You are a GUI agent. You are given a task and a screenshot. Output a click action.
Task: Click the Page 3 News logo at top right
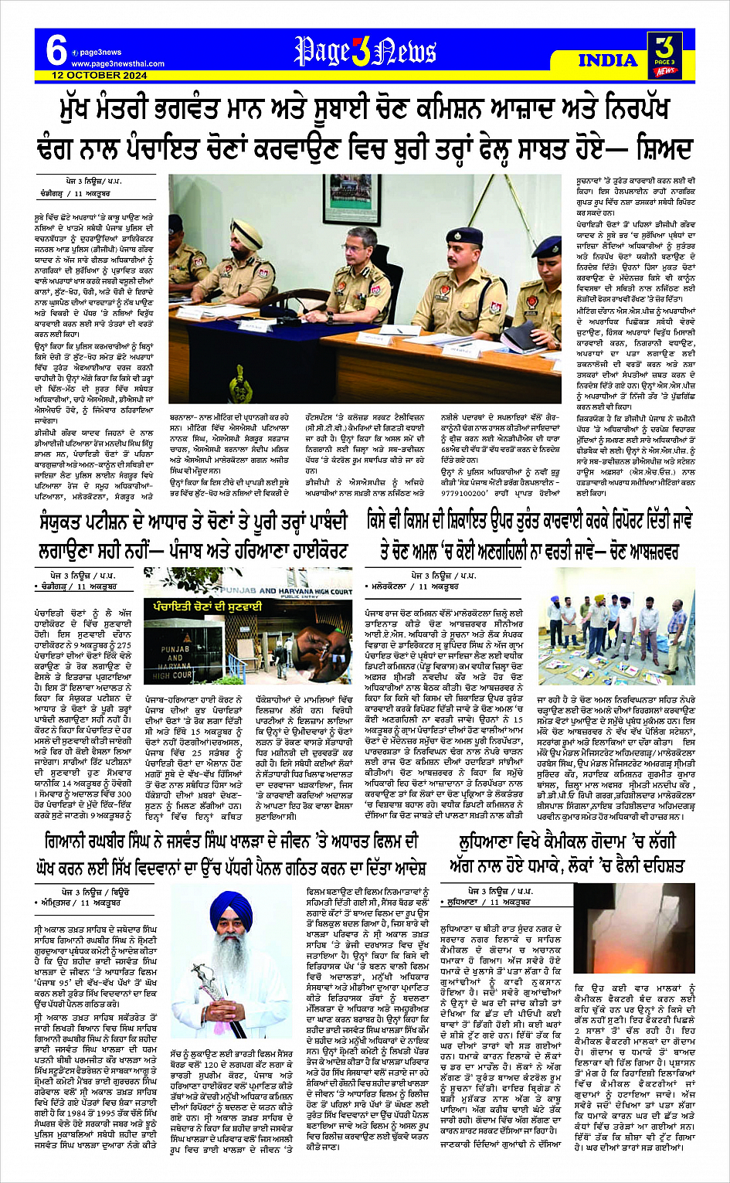coord(664,55)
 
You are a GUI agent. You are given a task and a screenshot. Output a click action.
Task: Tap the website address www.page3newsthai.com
coord(117,64)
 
